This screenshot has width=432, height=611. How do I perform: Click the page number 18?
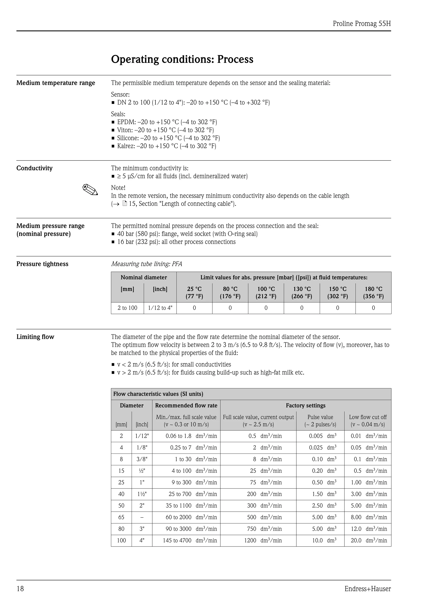click(x=20, y=589)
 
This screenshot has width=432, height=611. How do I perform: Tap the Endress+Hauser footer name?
click(x=367, y=589)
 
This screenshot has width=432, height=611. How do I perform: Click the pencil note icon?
click(x=90, y=190)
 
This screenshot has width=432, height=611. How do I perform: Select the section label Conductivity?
click(x=34, y=168)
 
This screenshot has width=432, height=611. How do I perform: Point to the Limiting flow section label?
click(x=35, y=337)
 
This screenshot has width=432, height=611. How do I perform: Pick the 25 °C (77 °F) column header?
click(x=194, y=292)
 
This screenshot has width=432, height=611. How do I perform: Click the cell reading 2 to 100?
click(x=127, y=308)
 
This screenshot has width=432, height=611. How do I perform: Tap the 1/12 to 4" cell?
click(x=160, y=308)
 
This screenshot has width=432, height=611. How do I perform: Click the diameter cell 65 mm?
click(x=121, y=517)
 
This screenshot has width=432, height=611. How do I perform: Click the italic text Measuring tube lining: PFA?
click(x=147, y=264)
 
